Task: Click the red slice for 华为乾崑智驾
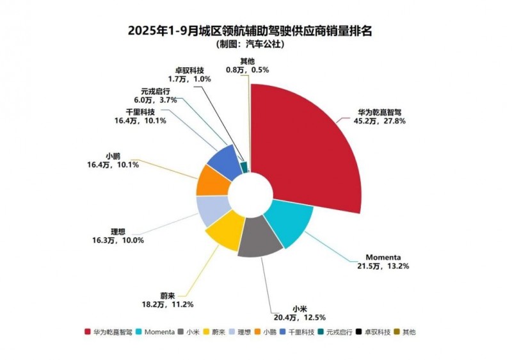(x=307, y=147)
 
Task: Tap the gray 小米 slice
(x=259, y=240)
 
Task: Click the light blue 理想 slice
(x=211, y=210)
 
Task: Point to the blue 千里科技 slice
(x=224, y=160)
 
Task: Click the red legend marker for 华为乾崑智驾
(x=87, y=332)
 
